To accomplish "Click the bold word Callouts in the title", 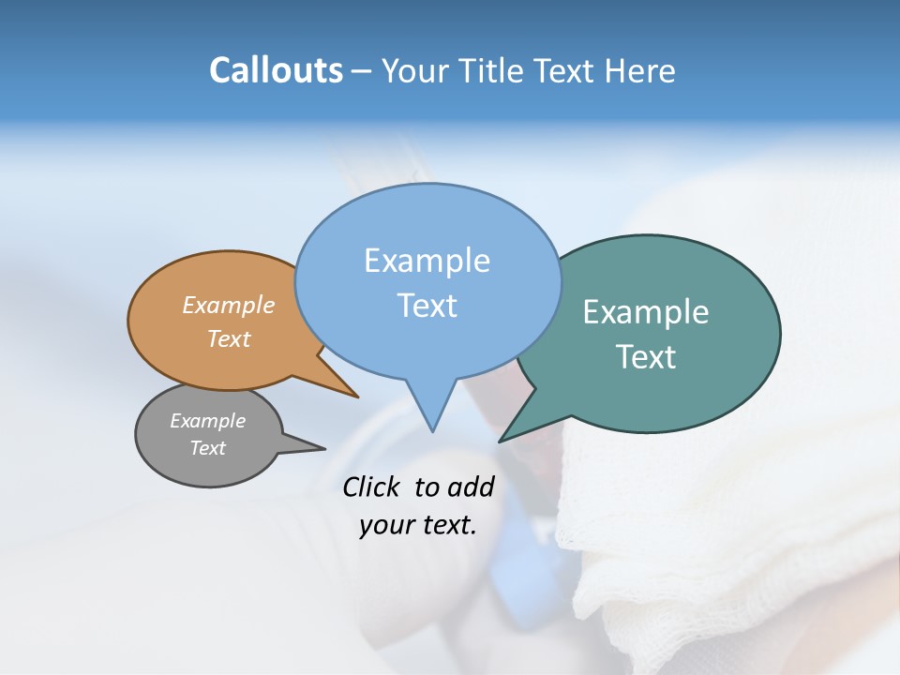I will pos(276,70).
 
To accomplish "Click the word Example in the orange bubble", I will pos(229,306).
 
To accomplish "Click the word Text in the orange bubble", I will pos(229,338).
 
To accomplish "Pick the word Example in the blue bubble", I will pos(427,261).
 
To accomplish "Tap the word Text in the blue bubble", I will pos(427,306).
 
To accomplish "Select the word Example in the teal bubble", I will pos(646,312).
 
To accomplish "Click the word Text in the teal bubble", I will pos(646,357).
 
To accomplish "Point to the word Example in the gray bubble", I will pos(207,421).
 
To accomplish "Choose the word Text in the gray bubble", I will pos(207,448).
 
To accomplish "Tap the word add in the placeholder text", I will pos(470,487).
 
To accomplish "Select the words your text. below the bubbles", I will pos(417,525).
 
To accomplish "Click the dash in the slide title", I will pos(362,71).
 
